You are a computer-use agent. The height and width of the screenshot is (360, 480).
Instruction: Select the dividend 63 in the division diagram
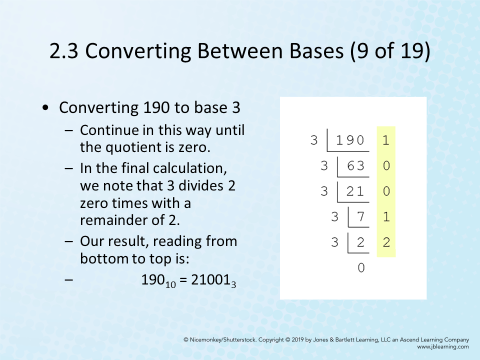pos(354,165)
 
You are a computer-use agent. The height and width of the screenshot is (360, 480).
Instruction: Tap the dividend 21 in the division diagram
pos(354,190)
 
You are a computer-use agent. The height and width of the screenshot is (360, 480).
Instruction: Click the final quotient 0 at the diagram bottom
pos(361,267)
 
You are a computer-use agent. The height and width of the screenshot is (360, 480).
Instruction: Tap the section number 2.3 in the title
pos(70,50)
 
